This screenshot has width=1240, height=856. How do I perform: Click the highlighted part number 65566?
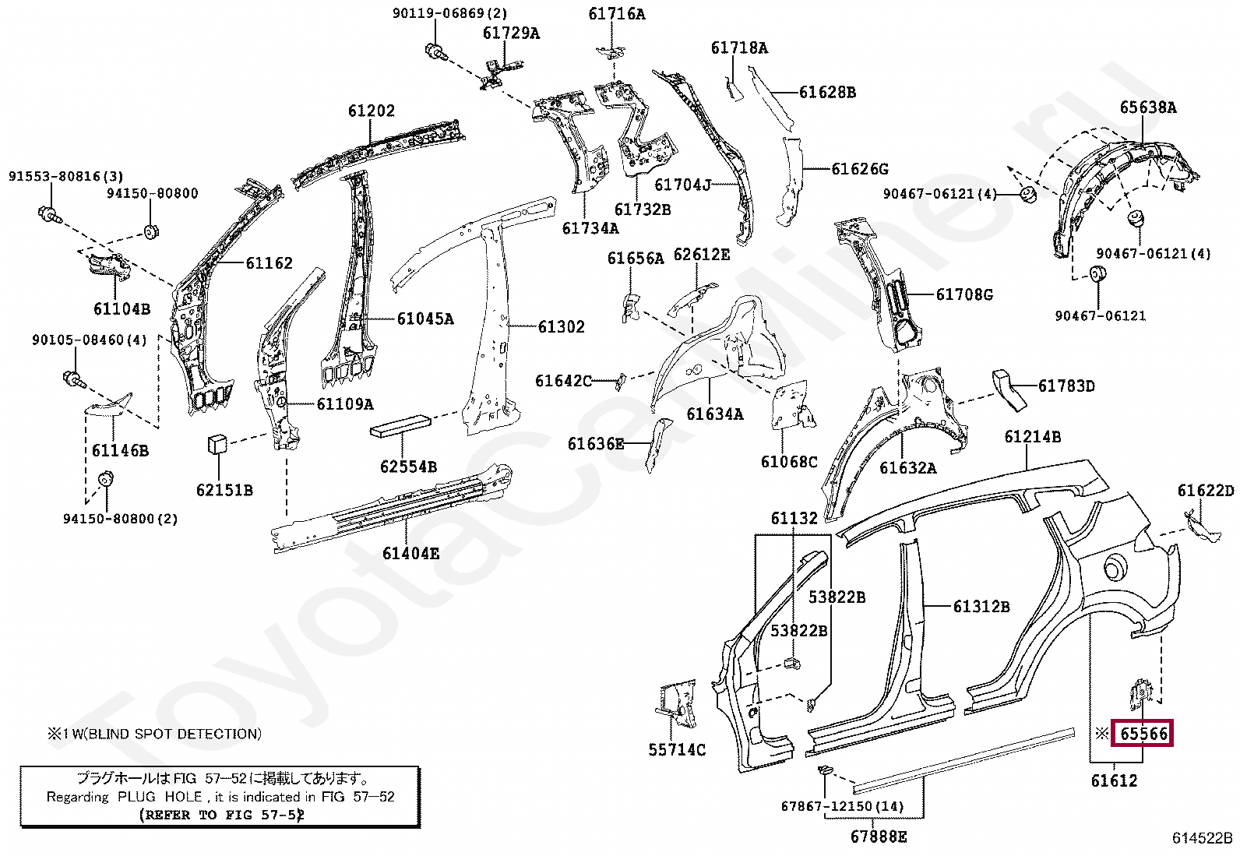1143,734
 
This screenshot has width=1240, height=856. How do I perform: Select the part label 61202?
371,111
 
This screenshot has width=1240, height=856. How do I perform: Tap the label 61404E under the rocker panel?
410,554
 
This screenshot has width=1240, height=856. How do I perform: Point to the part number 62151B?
224,491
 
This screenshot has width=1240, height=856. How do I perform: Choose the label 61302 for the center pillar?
561,327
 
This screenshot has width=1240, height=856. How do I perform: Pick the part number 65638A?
1148,107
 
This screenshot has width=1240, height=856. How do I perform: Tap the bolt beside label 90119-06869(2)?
435,52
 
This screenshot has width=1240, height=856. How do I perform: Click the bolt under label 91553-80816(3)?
48,212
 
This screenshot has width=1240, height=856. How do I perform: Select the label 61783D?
1066,386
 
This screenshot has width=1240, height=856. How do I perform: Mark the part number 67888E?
879,837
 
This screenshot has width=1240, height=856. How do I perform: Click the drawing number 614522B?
1202,838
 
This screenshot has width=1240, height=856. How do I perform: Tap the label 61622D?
1205,491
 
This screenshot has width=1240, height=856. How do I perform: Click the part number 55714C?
677,750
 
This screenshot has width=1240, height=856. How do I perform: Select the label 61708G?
964,294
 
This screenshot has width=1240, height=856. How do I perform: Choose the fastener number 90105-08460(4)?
89,340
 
